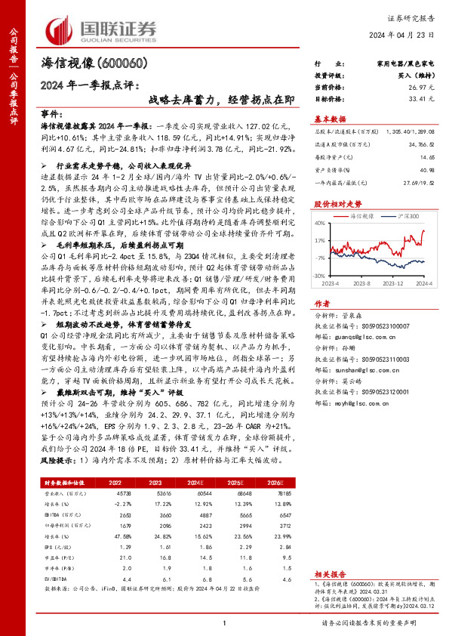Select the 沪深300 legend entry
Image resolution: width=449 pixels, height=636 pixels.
click(407, 216)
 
